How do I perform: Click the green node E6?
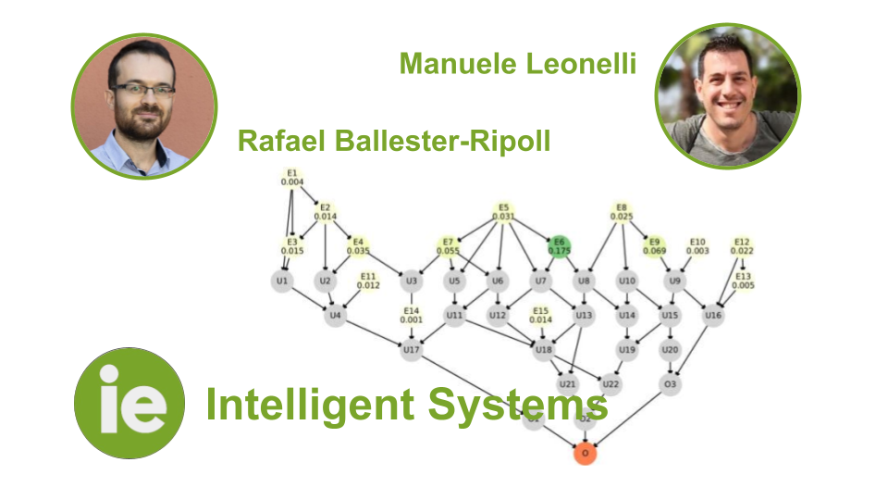pos(560,246)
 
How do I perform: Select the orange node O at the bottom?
pos(584,453)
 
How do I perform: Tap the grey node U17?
pos(412,350)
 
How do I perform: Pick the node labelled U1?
pos(282,281)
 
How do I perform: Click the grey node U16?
pos(712,316)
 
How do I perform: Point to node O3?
pos(670,383)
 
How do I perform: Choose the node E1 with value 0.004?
pos(291,177)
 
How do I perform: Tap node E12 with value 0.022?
pos(742,246)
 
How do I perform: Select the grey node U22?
pos(610,383)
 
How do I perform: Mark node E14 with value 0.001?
pos(412,315)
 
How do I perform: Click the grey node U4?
pos(335,316)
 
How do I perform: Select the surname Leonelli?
pos(580,63)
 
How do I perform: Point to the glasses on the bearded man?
pos(142,90)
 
